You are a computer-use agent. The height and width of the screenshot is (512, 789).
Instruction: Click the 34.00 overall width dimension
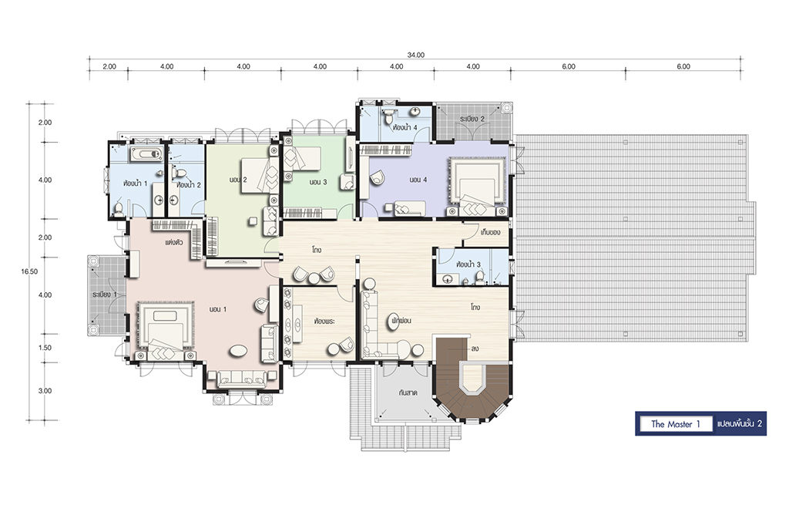point(415,56)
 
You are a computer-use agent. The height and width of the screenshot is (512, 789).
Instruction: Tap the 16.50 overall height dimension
point(29,271)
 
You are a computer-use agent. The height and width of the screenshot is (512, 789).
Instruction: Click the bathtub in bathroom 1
point(146,154)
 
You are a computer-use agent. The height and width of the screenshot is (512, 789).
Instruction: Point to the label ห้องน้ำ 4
point(405,127)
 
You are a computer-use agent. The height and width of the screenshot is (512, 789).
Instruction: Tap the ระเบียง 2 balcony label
point(472,119)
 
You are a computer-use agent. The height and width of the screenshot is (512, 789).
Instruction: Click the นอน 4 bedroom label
point(418,180)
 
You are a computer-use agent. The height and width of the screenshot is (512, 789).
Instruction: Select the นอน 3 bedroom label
point(318,182)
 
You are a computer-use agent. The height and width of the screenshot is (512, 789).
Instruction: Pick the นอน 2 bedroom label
point(237,180)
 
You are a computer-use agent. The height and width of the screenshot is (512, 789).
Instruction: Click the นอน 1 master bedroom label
point(217,309)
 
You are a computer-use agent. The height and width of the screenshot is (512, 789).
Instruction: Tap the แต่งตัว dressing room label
point(173,242)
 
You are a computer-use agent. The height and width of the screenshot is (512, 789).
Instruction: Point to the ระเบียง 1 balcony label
point(104,294)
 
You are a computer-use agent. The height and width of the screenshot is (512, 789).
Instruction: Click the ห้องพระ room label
point(324,321)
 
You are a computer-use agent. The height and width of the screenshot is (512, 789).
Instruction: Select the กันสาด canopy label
point(408,392)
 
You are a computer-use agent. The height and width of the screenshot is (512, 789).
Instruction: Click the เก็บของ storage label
point(490,232)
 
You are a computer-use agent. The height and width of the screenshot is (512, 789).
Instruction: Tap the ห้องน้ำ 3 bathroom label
point(468,264)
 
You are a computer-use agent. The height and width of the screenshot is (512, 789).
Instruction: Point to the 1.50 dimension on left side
point(45,348)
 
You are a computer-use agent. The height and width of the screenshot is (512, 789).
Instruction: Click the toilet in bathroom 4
point(388,118)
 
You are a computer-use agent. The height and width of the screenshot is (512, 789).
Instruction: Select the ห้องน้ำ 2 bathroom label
point(189,185)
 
